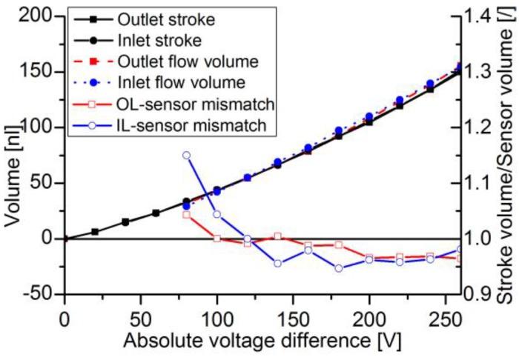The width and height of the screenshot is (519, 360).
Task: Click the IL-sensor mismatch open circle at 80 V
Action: (x=186, y=156)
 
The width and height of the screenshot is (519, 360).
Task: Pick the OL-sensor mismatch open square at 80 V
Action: (x=186, y=215)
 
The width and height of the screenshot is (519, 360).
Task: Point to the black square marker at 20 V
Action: (x=95, y=232)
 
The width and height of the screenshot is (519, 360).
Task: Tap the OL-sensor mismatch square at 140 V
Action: (x=277, y=236)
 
